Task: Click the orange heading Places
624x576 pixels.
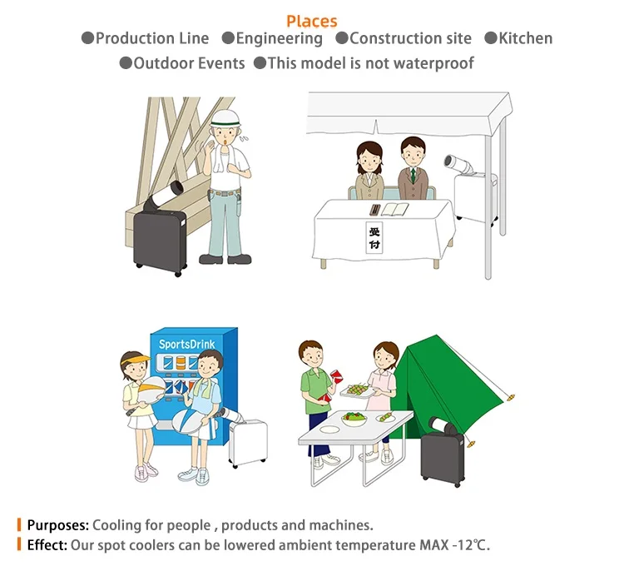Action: coord(312,21)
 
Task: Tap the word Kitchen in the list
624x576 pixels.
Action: coord(525,38)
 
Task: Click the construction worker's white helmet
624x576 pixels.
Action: coord(225,119)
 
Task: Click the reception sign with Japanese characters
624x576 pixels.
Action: coord(374,237)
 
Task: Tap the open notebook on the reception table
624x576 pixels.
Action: coord(394,209)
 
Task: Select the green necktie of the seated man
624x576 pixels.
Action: coord(414,176)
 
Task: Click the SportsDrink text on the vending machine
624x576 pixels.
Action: coord(186,345)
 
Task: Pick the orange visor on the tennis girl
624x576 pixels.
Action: coord(137,360)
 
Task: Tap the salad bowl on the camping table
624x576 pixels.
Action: coord(354,419)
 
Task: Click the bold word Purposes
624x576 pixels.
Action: coord(58,525)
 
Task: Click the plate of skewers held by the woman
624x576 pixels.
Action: coord(357,390)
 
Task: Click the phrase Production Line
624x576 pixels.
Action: coord(152,38)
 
